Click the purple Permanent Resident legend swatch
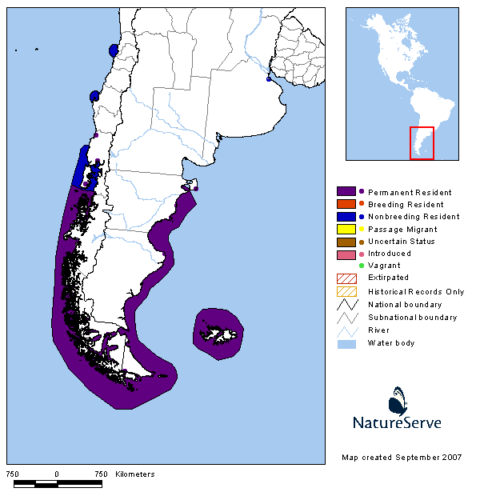(346, 192)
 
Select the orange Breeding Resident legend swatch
(346, 205)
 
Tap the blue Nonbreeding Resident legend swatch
(346, 217)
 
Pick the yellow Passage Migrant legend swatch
(346, 230)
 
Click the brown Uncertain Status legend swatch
(346, 242)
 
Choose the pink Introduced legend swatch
(346, 254)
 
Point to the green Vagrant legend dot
(362, 266)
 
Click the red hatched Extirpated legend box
(346, 278)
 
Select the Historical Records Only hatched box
(346, 292)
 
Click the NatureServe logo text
(397, 422)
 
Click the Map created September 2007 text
(401, 457)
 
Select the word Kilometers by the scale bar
(134, 474)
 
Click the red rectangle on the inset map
(422, 143)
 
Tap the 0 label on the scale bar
(57, 474)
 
